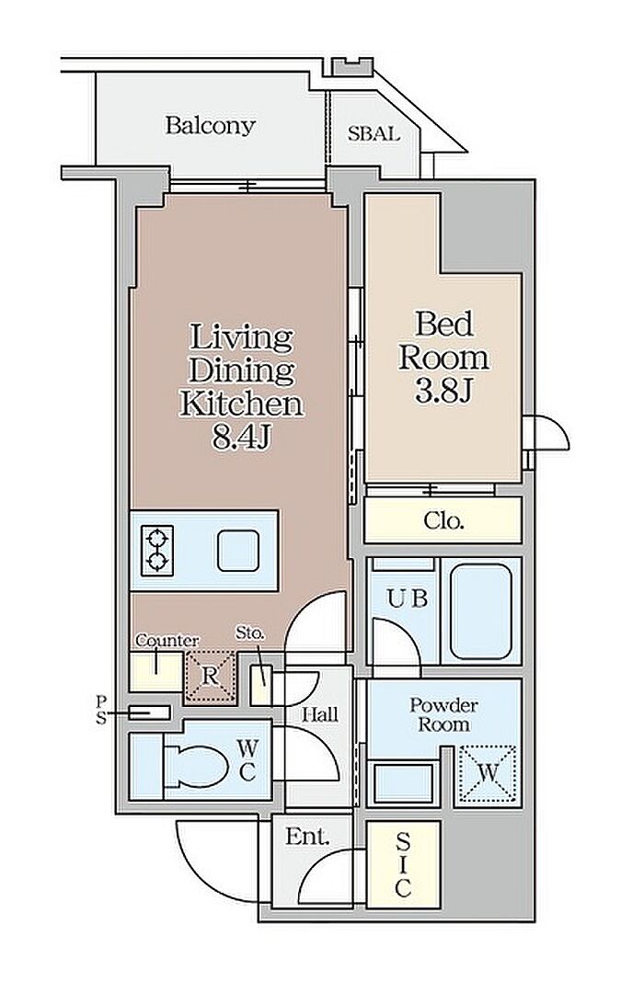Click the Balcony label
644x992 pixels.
pos(210,125)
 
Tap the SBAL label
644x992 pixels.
pos(373,134)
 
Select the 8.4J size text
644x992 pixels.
pos(241,438)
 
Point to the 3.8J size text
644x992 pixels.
pos(443,392)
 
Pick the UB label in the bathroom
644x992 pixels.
pos(408,598)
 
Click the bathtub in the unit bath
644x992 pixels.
pos(480,611)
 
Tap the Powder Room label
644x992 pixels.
pos(443,714)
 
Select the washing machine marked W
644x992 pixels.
pos(487,774)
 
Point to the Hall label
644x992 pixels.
pos(320,715)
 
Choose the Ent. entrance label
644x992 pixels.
pos(308,837)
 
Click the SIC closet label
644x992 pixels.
pos(403,864)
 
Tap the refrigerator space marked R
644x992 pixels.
pos(210,677)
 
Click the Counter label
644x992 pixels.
pos(167,640)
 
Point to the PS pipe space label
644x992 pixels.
pos(101,709)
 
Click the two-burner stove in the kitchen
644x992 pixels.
pos(156,551)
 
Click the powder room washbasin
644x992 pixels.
pos(403,783)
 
